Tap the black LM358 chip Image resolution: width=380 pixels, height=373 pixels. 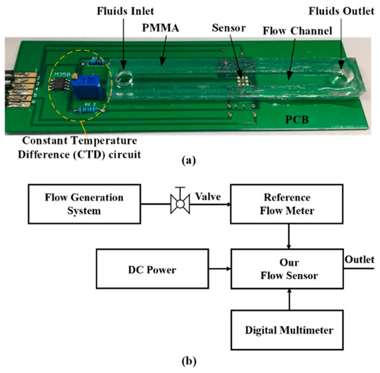[x=58, y=82]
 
